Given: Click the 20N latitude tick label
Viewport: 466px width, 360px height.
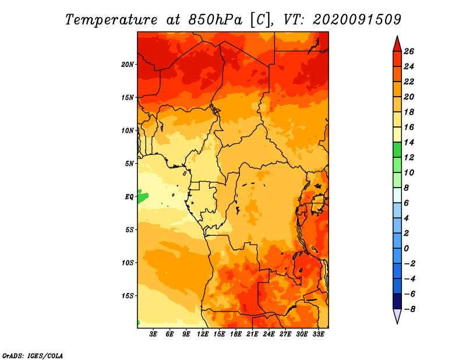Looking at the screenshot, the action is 128,65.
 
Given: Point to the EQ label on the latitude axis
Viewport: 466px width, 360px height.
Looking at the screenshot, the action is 129,197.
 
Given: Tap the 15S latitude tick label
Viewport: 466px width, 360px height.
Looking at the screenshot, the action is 128,296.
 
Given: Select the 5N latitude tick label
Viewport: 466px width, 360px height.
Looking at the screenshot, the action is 129,164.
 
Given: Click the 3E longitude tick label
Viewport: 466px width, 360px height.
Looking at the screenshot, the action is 153,334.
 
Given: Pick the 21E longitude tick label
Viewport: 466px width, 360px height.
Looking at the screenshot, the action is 252,334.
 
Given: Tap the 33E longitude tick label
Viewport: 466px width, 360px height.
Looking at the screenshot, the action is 318,334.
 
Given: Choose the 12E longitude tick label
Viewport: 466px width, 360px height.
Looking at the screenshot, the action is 203,334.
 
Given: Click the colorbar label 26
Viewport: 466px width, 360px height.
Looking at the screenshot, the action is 409,52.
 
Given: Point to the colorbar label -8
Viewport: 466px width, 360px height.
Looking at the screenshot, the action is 409,309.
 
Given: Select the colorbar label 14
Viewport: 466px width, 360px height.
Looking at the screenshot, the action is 409,142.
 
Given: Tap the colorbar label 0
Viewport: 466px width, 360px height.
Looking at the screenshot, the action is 407,249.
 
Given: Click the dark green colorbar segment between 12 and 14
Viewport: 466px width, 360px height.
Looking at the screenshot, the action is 397,150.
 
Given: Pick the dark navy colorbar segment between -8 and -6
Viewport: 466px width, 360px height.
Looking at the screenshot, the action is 397,301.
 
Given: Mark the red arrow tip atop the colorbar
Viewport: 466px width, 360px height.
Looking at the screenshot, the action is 397,36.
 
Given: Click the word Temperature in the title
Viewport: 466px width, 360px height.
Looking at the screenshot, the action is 111,20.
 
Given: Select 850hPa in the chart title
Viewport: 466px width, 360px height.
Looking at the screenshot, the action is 216,20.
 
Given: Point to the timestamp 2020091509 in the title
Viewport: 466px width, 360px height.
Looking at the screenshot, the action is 357,20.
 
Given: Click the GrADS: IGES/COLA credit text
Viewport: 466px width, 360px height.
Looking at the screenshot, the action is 33,355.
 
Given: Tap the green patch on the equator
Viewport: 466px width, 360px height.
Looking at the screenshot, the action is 143,196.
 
